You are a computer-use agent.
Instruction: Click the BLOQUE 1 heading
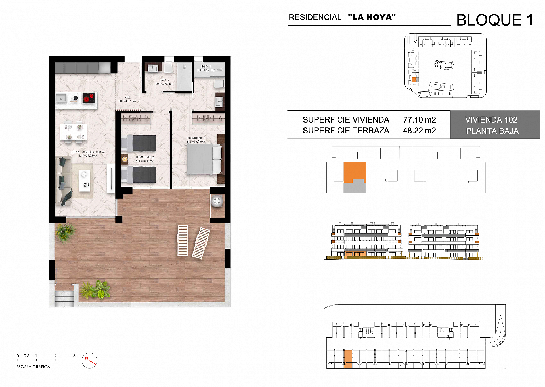point(495,20)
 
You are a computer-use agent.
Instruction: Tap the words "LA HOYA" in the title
point(372,17)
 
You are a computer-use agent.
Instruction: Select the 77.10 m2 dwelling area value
point(419,120)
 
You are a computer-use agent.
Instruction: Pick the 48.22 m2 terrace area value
point(419,131)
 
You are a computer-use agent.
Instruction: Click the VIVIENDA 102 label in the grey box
point(491,120)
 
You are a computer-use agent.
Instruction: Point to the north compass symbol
point(89,360)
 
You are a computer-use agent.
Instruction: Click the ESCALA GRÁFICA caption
point(33,367)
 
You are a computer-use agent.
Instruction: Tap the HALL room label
point(127,99)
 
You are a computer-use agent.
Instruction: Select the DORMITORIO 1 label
point(196,140)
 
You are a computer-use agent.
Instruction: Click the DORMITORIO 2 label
point(145,159)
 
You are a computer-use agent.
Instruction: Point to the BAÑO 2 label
point(164,82)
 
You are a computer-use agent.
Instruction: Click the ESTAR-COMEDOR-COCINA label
point(88,154)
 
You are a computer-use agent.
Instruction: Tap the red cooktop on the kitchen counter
point(88,98)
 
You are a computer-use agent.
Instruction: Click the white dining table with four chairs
point(74,132)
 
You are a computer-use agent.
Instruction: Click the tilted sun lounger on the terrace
point(201,243)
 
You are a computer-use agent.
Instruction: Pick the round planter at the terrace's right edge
point(217,201)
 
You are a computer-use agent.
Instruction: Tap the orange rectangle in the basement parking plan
point(348,359)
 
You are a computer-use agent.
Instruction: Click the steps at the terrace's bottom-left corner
point(64,298)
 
